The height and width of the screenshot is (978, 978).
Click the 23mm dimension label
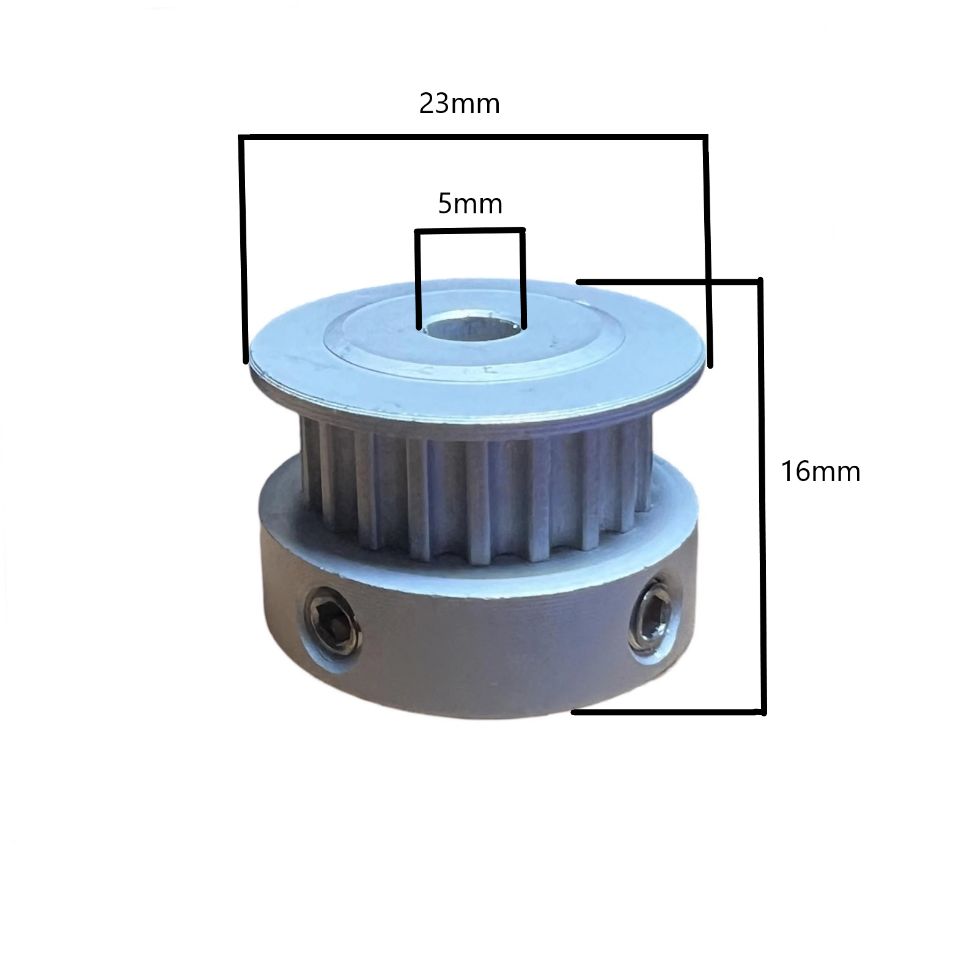tap(460, 104)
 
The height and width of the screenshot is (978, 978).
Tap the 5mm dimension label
tap(470, 204)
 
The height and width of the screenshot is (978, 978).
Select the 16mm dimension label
tap(821, 472)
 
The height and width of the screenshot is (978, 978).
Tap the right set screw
tap(655, 619)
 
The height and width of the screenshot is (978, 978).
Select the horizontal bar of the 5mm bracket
tap(470, 230)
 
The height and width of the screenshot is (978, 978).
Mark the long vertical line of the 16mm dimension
tap(762, 496)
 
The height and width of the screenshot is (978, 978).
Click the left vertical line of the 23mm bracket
tap(243, 249)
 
